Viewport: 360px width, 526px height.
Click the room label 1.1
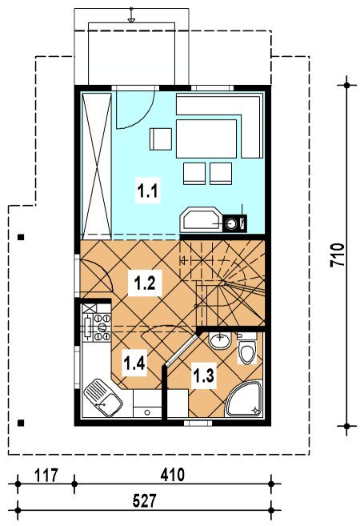coord(147,191)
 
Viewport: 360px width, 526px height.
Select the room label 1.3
coord(202,375)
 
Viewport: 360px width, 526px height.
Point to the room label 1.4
coord(134,363)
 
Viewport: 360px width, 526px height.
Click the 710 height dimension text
coord(338,255)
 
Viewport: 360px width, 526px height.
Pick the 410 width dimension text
coord(172,475)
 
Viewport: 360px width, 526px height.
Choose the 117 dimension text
coord(46,475)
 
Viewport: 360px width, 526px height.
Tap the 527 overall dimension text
coord(145,501)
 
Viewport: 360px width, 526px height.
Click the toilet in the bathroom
coord(247,350)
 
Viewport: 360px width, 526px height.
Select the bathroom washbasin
coord(219,340)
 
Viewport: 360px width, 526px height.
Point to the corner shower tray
coord(244,399)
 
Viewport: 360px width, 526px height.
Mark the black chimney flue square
coord(234,223)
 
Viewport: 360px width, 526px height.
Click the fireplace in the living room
coord(201,219)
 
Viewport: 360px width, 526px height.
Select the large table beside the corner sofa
coord(207,139)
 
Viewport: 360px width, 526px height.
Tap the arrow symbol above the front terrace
coord(131,16)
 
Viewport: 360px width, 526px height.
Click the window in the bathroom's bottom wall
coord(198,423)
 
